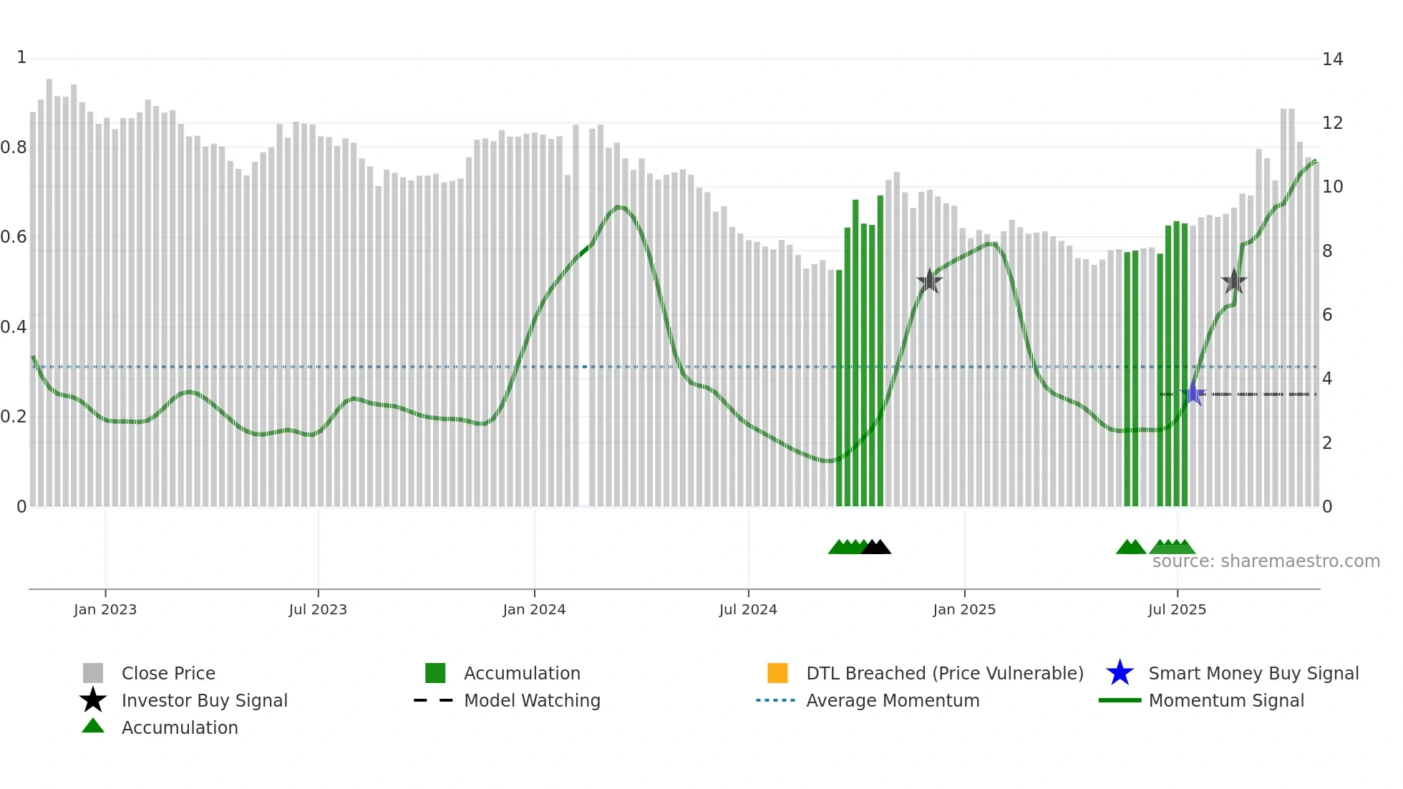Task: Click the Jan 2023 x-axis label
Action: click(x=105, y=609)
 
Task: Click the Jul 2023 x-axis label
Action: click(x=318, y=609)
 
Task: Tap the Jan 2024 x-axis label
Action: click(x=534, y=609)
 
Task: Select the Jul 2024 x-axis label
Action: click(x=748, y=609)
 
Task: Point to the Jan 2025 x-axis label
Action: click(x=964, y=609)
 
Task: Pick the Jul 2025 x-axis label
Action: click(x=1177, y=609)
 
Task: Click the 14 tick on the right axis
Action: click(x=1332, y=59)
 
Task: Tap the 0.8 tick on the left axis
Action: click(x=14, y=147)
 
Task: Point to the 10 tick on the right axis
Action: click(x=1332, y=187)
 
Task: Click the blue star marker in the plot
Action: click(x=1193, y=394)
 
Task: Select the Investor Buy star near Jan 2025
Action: click(x=929, y=281)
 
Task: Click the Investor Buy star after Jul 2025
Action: click(x=1234, y=281)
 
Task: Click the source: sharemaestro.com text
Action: click(x=1266, y=561)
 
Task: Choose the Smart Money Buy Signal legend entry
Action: click(x=1253, y=673)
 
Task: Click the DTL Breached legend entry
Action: click(x=944, y=673)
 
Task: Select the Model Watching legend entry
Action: click(x=532, y=700)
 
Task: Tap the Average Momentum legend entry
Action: click(x=893, y=700)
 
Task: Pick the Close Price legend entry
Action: click(x=168, y=673)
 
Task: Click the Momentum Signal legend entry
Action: click(x=1226, y=700)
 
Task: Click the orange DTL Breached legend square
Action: click(x=777, y=673)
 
